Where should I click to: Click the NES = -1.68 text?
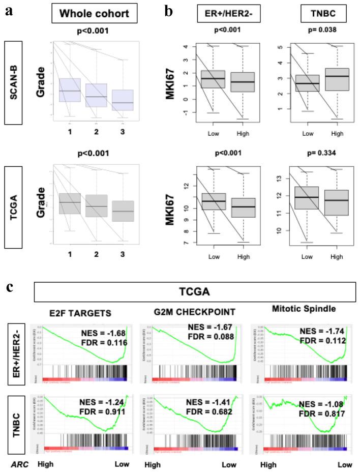pos(102,333)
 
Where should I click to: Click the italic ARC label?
pos(16,464)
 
